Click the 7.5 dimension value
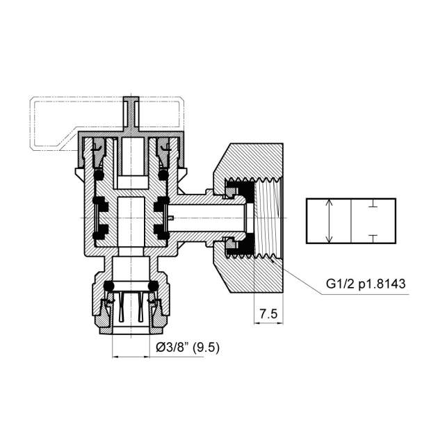tap(268, 314)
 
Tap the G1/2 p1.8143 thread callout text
tap(366, 284)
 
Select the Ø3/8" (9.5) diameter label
tap(188, 348)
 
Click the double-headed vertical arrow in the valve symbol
tap(329, 221)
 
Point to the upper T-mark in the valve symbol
tap(373, 203)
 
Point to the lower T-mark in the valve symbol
tap(373, 238)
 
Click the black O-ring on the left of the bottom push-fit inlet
tap(109, 286)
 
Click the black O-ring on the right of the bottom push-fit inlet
tap(153, 286)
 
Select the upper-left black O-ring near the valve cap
tap(99, 175)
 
